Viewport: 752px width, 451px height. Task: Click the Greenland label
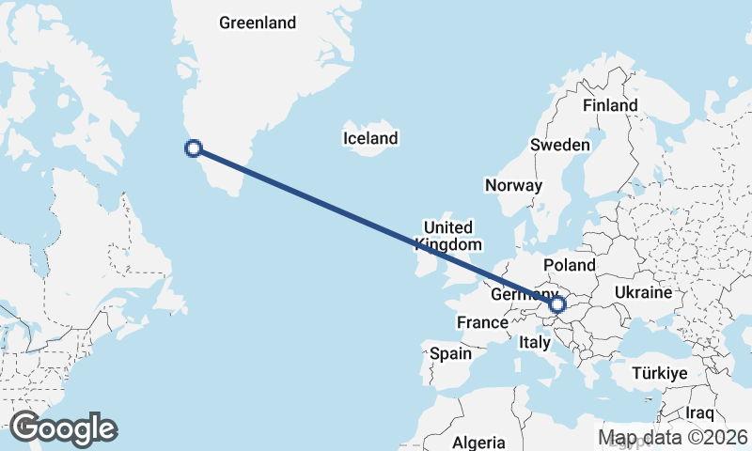pyautogui.click(x=257, y=23)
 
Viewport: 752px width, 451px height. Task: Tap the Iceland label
pyautogui.click(x=370, y=138)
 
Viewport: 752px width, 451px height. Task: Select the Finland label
pyautogui.click(x=610, y=105)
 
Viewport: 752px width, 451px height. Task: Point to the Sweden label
pyautogui.click(x=559, y=145)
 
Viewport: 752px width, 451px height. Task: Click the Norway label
pyautogui.click(x=513, y=185)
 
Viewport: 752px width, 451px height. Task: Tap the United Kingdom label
pyautogui.click(x=447, y=236)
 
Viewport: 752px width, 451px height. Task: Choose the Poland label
pyautogui.click(x=570, y=265)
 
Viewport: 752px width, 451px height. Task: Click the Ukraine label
pyautogui.click(x=643, y=292)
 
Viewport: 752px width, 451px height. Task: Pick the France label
pyautogui.click(x=482, y=322)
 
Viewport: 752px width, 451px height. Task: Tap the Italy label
pyautogui.click(x=534, y=343)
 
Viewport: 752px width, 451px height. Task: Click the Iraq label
pyautogui.click(x=699, y=412)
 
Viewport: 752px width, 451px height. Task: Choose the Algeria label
pyautogui.click(x=479, y=443)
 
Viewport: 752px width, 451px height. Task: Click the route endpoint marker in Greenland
pyautogui.click(x=194, y=148)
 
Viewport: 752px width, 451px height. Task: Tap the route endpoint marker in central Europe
pyautogui.click(x=557, y=304)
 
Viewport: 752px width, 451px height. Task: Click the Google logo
pyautogui.click(x=63, y=428)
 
